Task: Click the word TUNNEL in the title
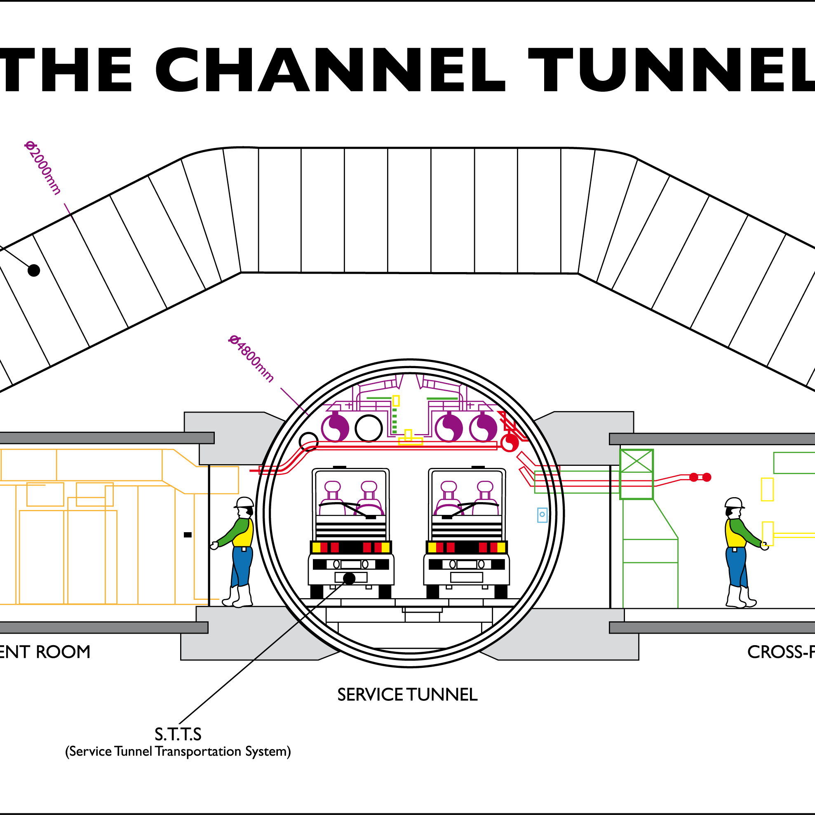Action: click(671, 70)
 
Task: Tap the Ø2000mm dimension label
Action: click(42, 168)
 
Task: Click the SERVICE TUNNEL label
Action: click(407, 695)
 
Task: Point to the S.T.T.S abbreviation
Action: click(178, 735)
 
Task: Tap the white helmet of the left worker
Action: click(244, 502)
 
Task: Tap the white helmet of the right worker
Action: click(734, 503)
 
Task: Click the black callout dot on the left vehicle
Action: click(349, 578)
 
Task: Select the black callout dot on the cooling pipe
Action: click(34, 270)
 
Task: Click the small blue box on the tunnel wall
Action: click(542, 514)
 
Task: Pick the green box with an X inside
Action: click(636, 463)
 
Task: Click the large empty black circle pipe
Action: click(369, 428)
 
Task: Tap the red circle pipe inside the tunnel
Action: click(510, 443)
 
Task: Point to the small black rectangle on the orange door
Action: click(188, 535)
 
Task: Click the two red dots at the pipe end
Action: click(700, 477)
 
